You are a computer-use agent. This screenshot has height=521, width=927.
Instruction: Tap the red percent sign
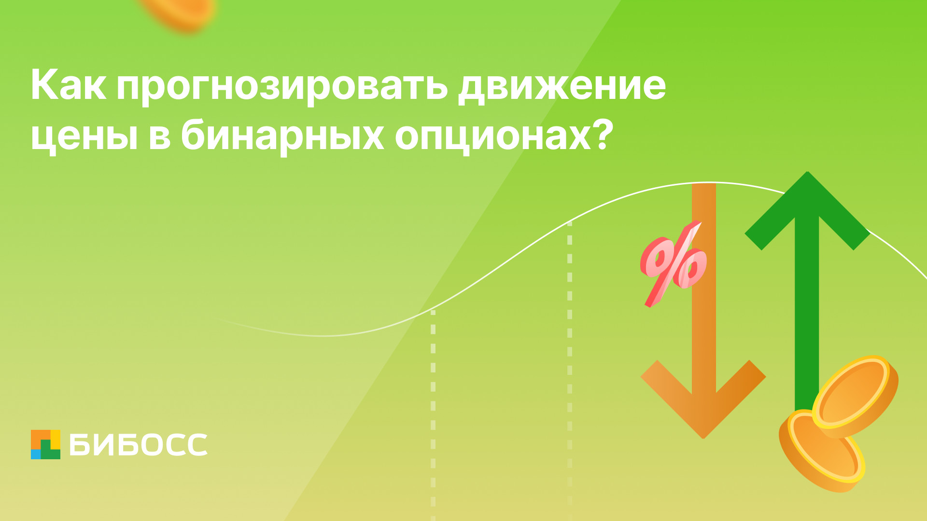pyautogui.click(x=673, y=263)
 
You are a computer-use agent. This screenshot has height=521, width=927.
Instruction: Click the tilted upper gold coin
pyautogui.click(x=855, y=396)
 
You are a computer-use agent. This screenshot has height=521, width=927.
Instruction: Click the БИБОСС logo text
pyautogui.click(x=139, y=445)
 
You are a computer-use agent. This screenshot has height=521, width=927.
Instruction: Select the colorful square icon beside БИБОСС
pyautogui.click(x=46, y=444)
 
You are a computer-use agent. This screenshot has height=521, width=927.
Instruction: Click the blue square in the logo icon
pyautogui.click(x=36, y=454)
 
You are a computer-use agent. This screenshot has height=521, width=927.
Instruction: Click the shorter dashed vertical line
pyautogui.click(x=433, y=415)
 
